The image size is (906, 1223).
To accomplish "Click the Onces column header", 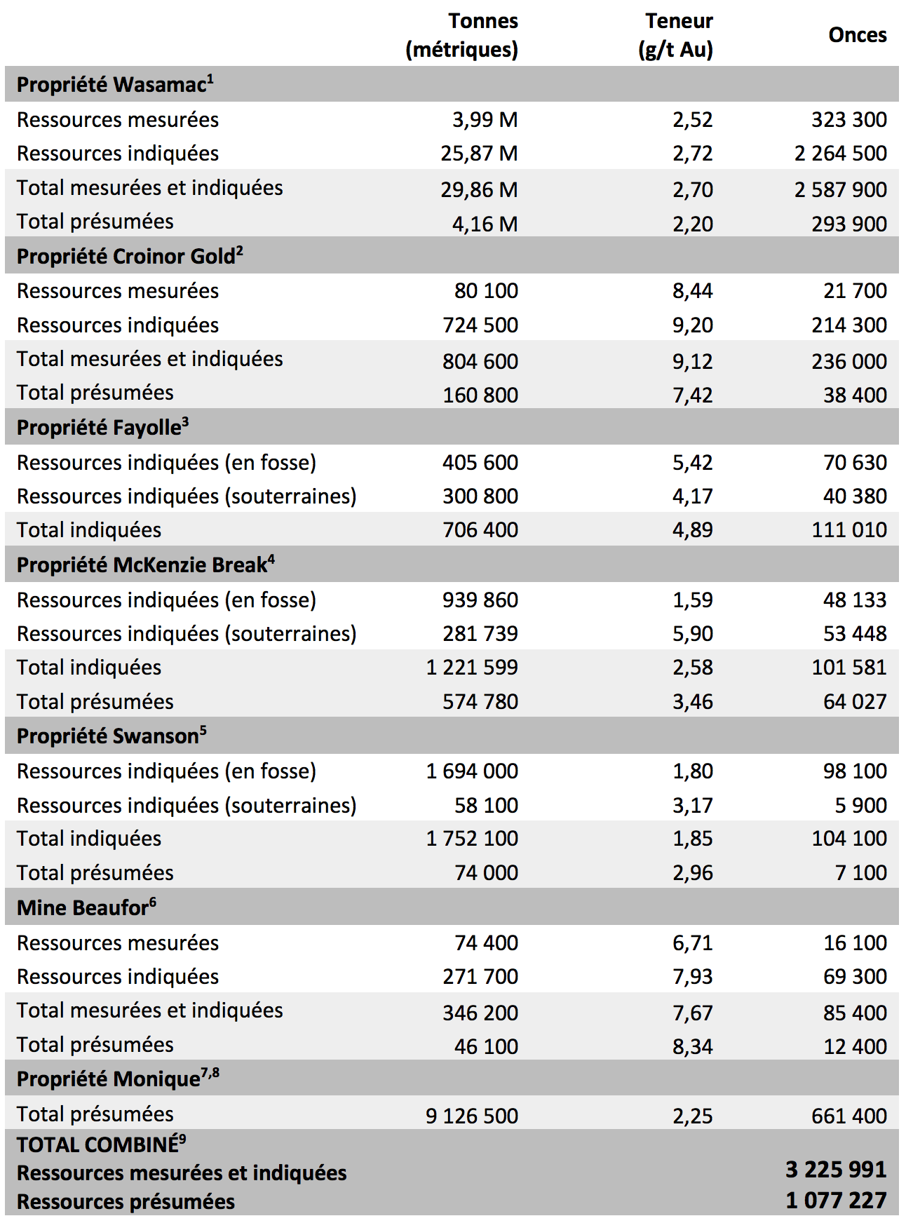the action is (x=857, y=35).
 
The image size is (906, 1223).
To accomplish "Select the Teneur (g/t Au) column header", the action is (x=676, y=35).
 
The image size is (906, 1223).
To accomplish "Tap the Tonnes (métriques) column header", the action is (x=462, y=35).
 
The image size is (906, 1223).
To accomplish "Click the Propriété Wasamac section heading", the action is (x=115, y=84).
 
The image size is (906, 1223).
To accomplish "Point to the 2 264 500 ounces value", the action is (x=840, y=153).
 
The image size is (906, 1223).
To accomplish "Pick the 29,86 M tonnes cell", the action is (x=479, y=189).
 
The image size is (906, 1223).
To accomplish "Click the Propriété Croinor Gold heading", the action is (x=130, y=256).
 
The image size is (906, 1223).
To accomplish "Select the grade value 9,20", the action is (x=693, y=325).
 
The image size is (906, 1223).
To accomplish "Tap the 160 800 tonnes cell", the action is (x=480, y=395).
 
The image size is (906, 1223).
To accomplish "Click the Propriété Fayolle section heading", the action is (x=103, y=427).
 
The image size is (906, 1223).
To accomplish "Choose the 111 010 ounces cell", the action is (x=849, y=529).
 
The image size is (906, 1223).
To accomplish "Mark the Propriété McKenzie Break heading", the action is (x=146, y=565).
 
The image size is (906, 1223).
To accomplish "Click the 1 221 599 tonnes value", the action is (x=472, y=667).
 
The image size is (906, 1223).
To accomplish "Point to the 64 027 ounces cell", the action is (x=855, y=701).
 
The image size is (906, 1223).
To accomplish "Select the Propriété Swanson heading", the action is (x=111, y=736).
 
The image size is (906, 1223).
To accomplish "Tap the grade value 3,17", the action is (x=693, y=805).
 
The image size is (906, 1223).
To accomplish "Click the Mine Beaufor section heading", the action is (x=86, y=907).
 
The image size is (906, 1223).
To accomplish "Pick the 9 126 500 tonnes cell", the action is (x=472, y=1116).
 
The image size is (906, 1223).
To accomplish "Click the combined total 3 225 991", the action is (x=836, y=1169).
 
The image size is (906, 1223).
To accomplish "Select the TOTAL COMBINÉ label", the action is (x=101, y=1144).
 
